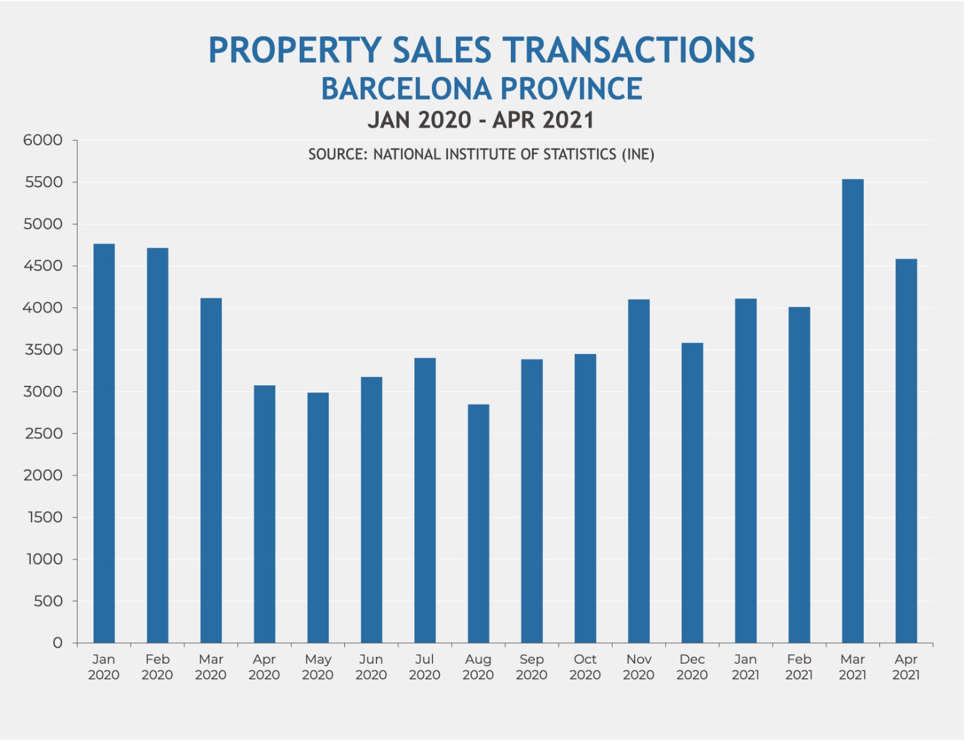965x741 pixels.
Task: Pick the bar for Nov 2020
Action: tap(639, 471)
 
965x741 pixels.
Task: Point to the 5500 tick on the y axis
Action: tap(44, 182)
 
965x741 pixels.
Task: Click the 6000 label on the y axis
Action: tap(43, 140)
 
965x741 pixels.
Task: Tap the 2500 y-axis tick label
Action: tap(44, 434)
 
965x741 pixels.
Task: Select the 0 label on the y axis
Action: tap(57, 643)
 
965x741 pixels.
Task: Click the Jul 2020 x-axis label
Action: tap(425, 667)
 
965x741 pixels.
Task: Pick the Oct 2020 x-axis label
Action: tap(585, 667)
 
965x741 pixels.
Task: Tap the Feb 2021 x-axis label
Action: tap(799, 667)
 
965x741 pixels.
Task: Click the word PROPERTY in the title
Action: tap(295, 50)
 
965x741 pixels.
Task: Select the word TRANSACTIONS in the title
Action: tap(628, 50)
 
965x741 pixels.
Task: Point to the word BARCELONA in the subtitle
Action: tap(407, 89)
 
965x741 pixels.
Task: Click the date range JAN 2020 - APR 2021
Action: tap(481, 120)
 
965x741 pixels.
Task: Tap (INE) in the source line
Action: tap(638, 154)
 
